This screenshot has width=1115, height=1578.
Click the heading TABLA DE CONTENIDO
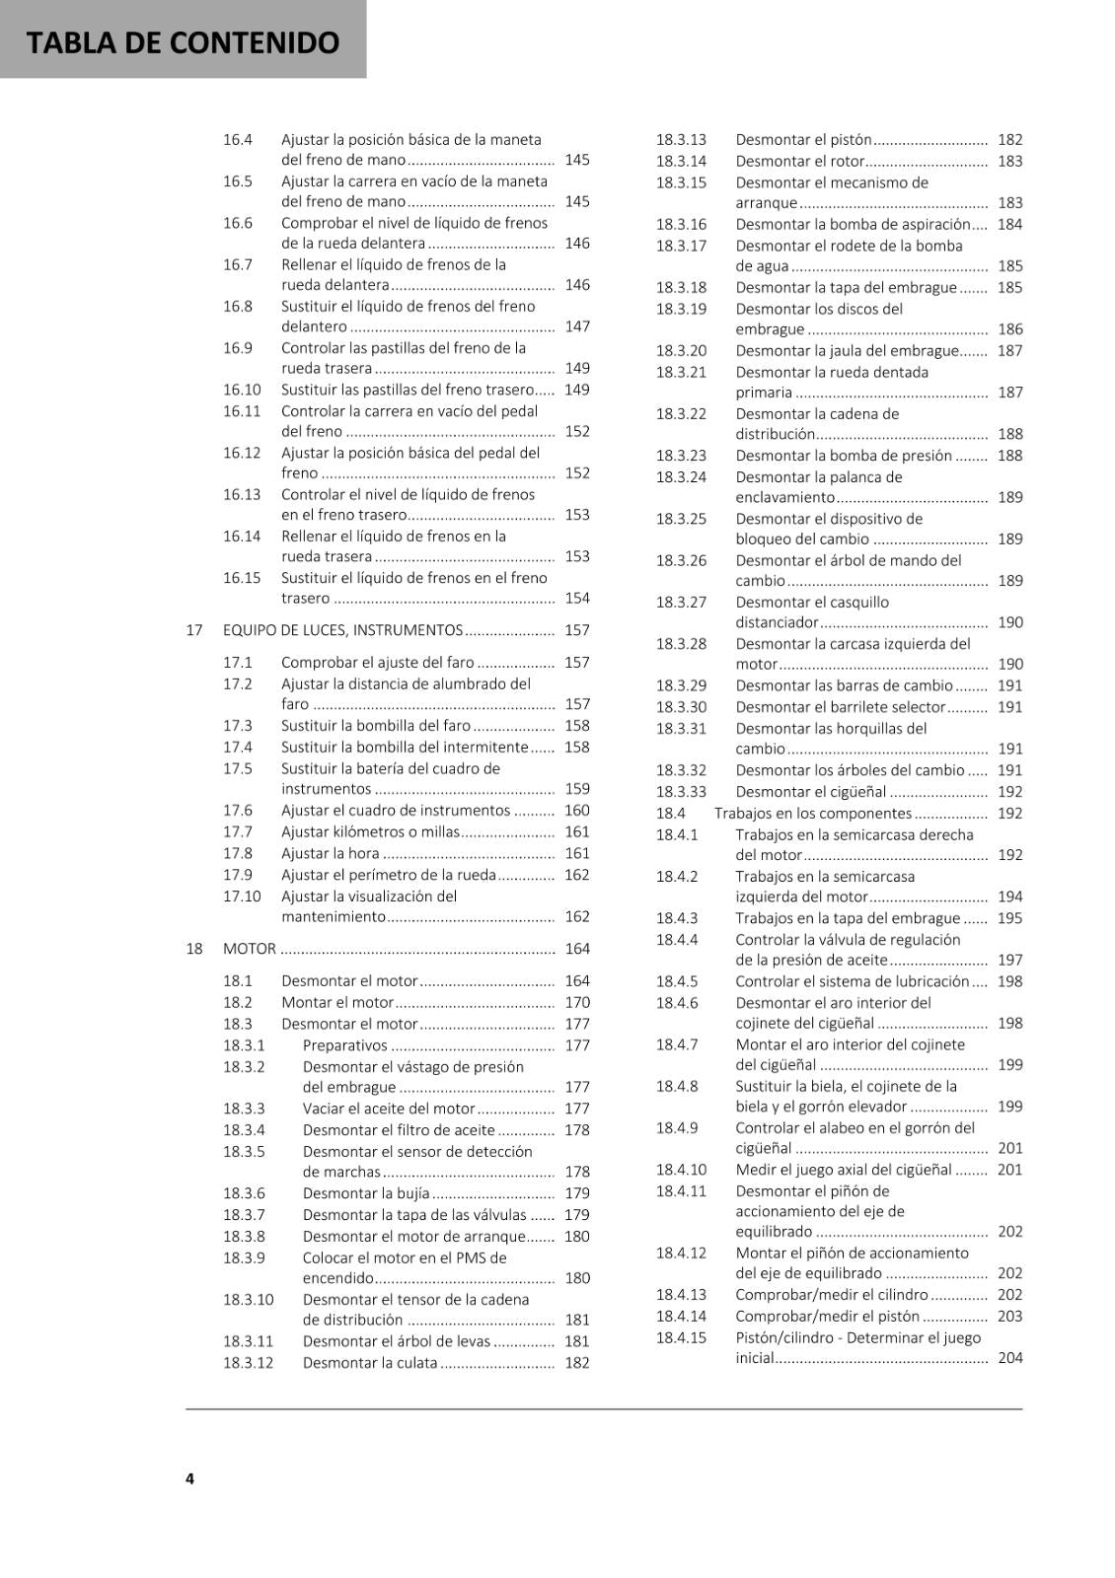coord(183,42)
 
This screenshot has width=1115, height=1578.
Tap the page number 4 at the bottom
coord(189,1477)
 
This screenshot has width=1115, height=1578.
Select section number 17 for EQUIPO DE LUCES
coord(194,630)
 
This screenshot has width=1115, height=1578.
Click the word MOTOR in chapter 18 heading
coord(250,949)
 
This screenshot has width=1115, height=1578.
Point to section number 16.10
coord(242,390)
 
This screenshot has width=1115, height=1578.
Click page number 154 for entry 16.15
coord(577,599)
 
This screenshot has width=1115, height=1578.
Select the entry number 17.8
coord(238,853)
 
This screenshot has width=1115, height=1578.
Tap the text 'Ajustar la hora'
coord(330,853)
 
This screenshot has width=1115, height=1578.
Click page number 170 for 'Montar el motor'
coord(577,1002)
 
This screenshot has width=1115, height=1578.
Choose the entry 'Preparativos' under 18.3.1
coord(345,1045)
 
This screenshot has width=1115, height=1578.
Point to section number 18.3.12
coord(248,1363)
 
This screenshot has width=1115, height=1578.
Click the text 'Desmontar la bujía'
coord(366,1193)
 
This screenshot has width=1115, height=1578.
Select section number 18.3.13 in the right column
coord(682,140)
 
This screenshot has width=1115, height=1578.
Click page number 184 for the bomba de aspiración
coord(1010,225)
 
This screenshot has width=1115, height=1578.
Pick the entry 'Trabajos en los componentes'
coord(813,814)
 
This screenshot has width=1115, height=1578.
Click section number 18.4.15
coord(682,1337)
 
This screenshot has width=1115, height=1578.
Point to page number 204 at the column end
coord(1010,1358)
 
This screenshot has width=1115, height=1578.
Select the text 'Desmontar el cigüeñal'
coord(811,792)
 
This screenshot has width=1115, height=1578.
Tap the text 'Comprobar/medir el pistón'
coord(828,1317)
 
